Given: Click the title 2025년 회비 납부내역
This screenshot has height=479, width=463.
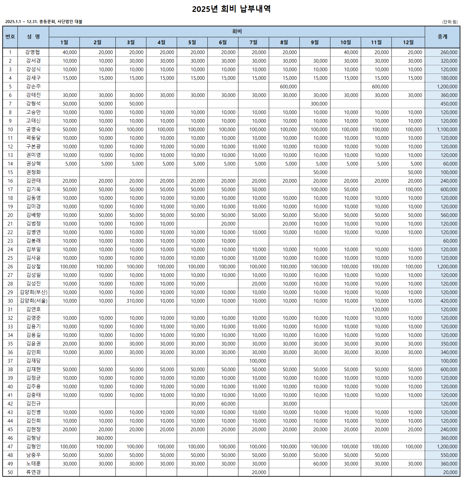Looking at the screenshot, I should click(231, 9).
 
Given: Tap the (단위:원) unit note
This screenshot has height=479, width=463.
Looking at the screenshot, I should click(450, 22).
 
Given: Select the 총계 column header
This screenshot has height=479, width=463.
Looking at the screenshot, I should click(442, 37).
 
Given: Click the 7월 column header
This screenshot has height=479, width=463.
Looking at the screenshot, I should click(253, 42).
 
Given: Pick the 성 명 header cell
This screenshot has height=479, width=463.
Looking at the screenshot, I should click(33, 37).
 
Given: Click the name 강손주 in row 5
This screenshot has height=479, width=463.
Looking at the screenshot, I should click(33, 86).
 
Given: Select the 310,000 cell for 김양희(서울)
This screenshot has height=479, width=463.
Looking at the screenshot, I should click(135, 301).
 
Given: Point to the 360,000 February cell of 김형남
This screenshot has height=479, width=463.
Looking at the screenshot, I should click(104, 438).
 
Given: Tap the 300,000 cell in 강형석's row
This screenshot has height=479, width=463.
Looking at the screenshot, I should click(319, 104).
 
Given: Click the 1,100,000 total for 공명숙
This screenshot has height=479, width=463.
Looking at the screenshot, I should click(447, 130).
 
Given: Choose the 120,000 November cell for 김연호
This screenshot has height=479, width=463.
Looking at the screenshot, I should click(380, 310).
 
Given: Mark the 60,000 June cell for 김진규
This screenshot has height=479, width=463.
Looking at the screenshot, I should click(228, 404).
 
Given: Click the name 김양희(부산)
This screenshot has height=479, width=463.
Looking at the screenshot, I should click(33, 292).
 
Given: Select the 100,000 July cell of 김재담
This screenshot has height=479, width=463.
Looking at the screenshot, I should click(258, 361).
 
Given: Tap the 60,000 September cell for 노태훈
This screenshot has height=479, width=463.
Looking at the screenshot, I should click(320, 464).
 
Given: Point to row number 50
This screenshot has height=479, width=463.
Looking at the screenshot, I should click(10, 472).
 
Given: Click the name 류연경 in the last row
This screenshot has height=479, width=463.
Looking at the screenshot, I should click(33, 472).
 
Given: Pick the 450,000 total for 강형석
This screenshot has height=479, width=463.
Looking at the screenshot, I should click(449, 104).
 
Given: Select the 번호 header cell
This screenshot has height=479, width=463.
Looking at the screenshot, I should click(10, 37).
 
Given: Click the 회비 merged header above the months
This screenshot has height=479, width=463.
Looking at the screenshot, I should click(237, 31).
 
